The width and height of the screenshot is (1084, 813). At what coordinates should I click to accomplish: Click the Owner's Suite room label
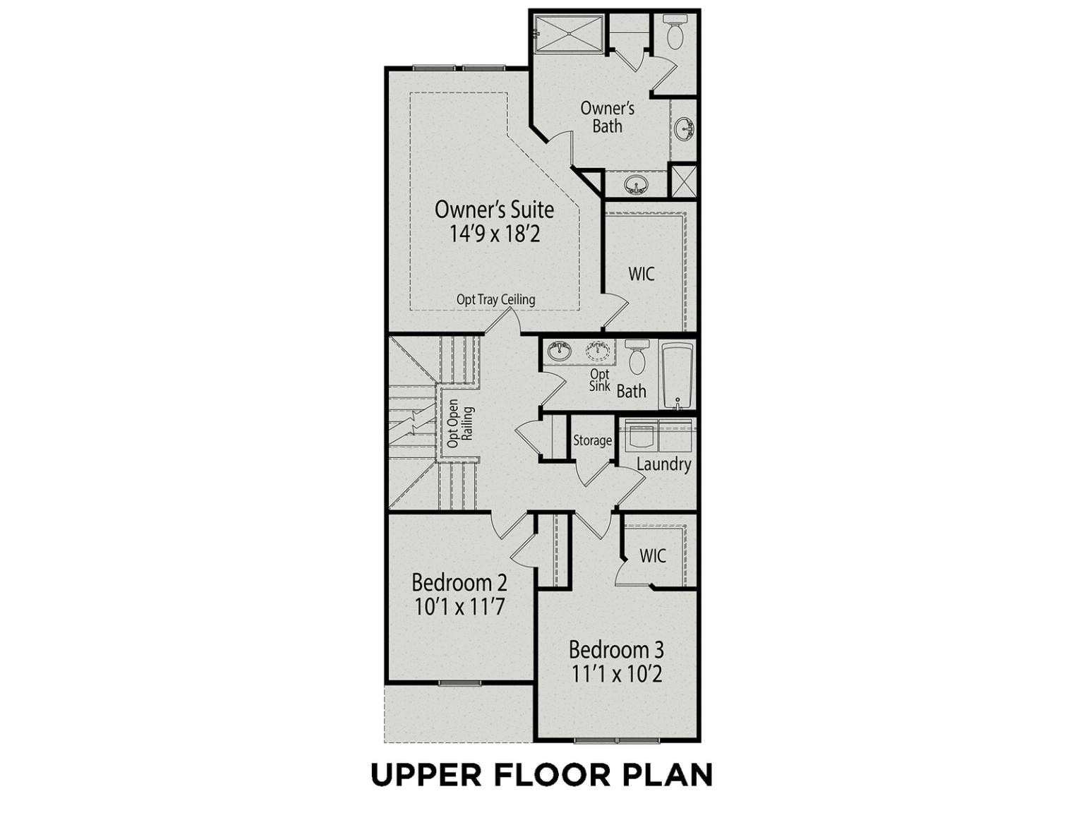click(x=494, y=210)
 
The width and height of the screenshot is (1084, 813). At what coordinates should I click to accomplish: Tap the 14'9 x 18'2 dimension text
click(x=494, y=234)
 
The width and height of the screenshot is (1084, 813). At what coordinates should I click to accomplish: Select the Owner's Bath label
click(x=608, y=117)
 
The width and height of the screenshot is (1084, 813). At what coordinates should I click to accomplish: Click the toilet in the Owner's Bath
click(x=675, y=30)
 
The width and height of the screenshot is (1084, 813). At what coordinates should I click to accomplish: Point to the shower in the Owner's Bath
click(x=568, y=33)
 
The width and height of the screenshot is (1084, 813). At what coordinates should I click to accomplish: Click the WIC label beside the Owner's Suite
click(x=642, y=274)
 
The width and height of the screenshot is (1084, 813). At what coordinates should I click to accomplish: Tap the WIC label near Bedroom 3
click(x=653, y=556)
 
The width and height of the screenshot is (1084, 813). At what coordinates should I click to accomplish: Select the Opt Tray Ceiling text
click(x=496, y=300)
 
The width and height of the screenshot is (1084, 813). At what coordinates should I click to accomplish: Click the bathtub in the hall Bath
click(x=677, y=375)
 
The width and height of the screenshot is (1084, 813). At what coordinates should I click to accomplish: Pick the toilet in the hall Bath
click(x=637, y=357)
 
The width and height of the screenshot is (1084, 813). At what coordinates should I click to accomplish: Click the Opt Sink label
click(x=600, y=380)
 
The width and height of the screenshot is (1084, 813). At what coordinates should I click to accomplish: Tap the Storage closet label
click(x=592, y=440)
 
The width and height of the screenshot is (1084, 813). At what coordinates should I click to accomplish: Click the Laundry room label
click(x=663, y=464)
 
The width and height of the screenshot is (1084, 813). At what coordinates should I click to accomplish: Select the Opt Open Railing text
click(x=459, y=423)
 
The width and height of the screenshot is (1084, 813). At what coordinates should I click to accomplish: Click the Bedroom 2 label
click(x=459, y=583)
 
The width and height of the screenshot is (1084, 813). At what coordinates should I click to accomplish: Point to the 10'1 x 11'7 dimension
click(x=459, y=607)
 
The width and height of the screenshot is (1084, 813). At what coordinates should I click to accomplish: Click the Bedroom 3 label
click(x=616, y=649)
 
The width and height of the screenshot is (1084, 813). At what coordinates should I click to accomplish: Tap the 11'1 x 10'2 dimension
click(x=616, y=674)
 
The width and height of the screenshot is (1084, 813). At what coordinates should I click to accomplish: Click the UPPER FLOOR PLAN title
click(x=542, y=774)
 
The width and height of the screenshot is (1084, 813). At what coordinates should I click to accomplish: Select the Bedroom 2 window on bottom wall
click(x=459, y=683)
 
